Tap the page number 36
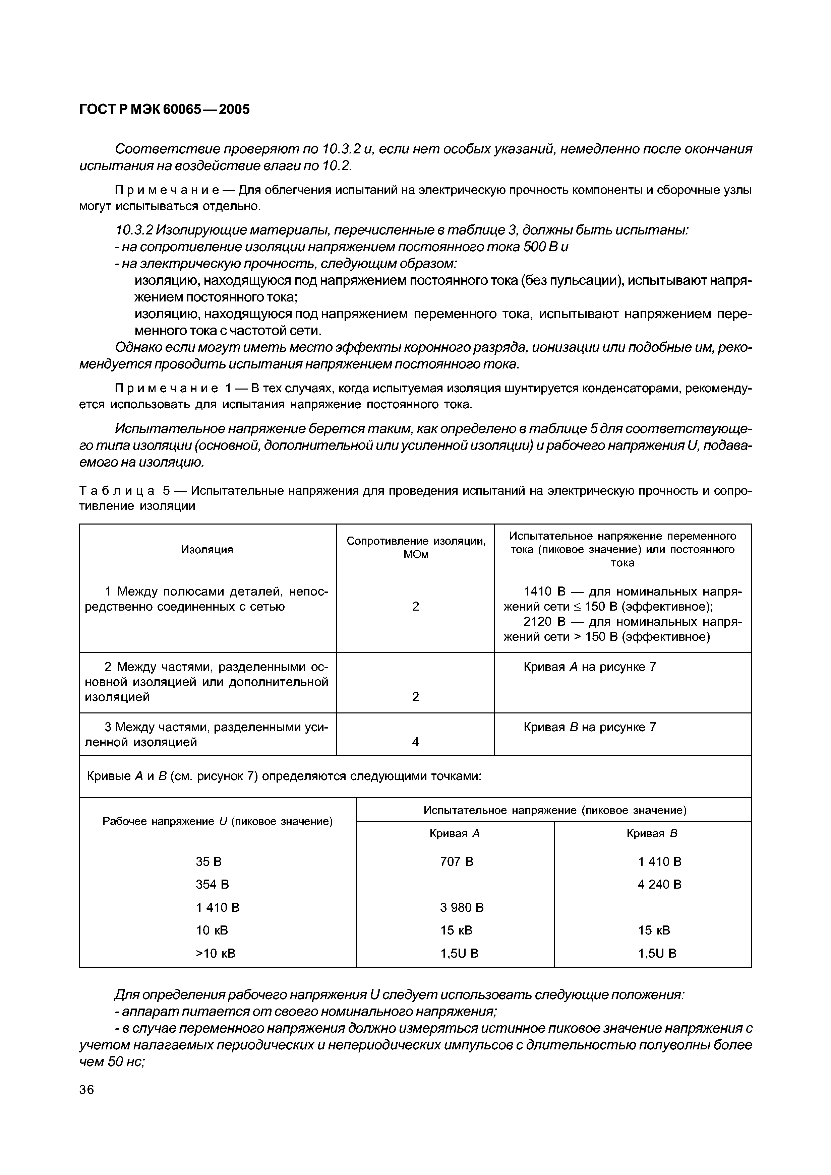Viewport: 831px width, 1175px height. (x=86, y=1090)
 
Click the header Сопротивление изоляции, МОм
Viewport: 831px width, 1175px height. (x=415, y=548)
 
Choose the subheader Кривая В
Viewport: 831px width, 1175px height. (x=652, y=833)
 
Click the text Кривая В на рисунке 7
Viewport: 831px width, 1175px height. (x=589, y=727)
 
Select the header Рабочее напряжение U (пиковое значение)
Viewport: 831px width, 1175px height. (x=218, y=821)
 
